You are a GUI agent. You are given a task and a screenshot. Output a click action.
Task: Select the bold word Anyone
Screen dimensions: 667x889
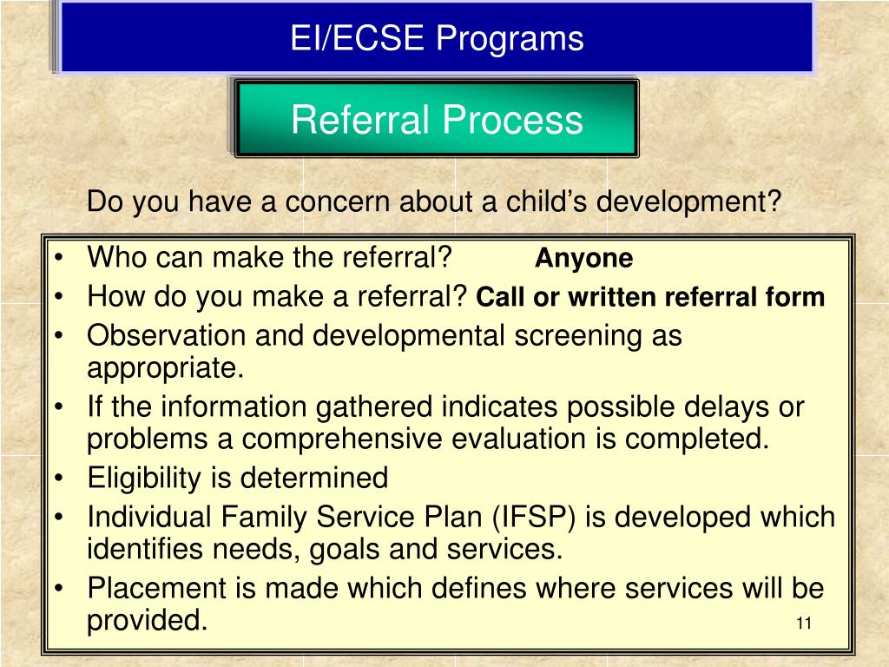(x=583, y=259)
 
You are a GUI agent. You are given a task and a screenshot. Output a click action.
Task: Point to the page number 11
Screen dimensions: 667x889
(x=802, y=624)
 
